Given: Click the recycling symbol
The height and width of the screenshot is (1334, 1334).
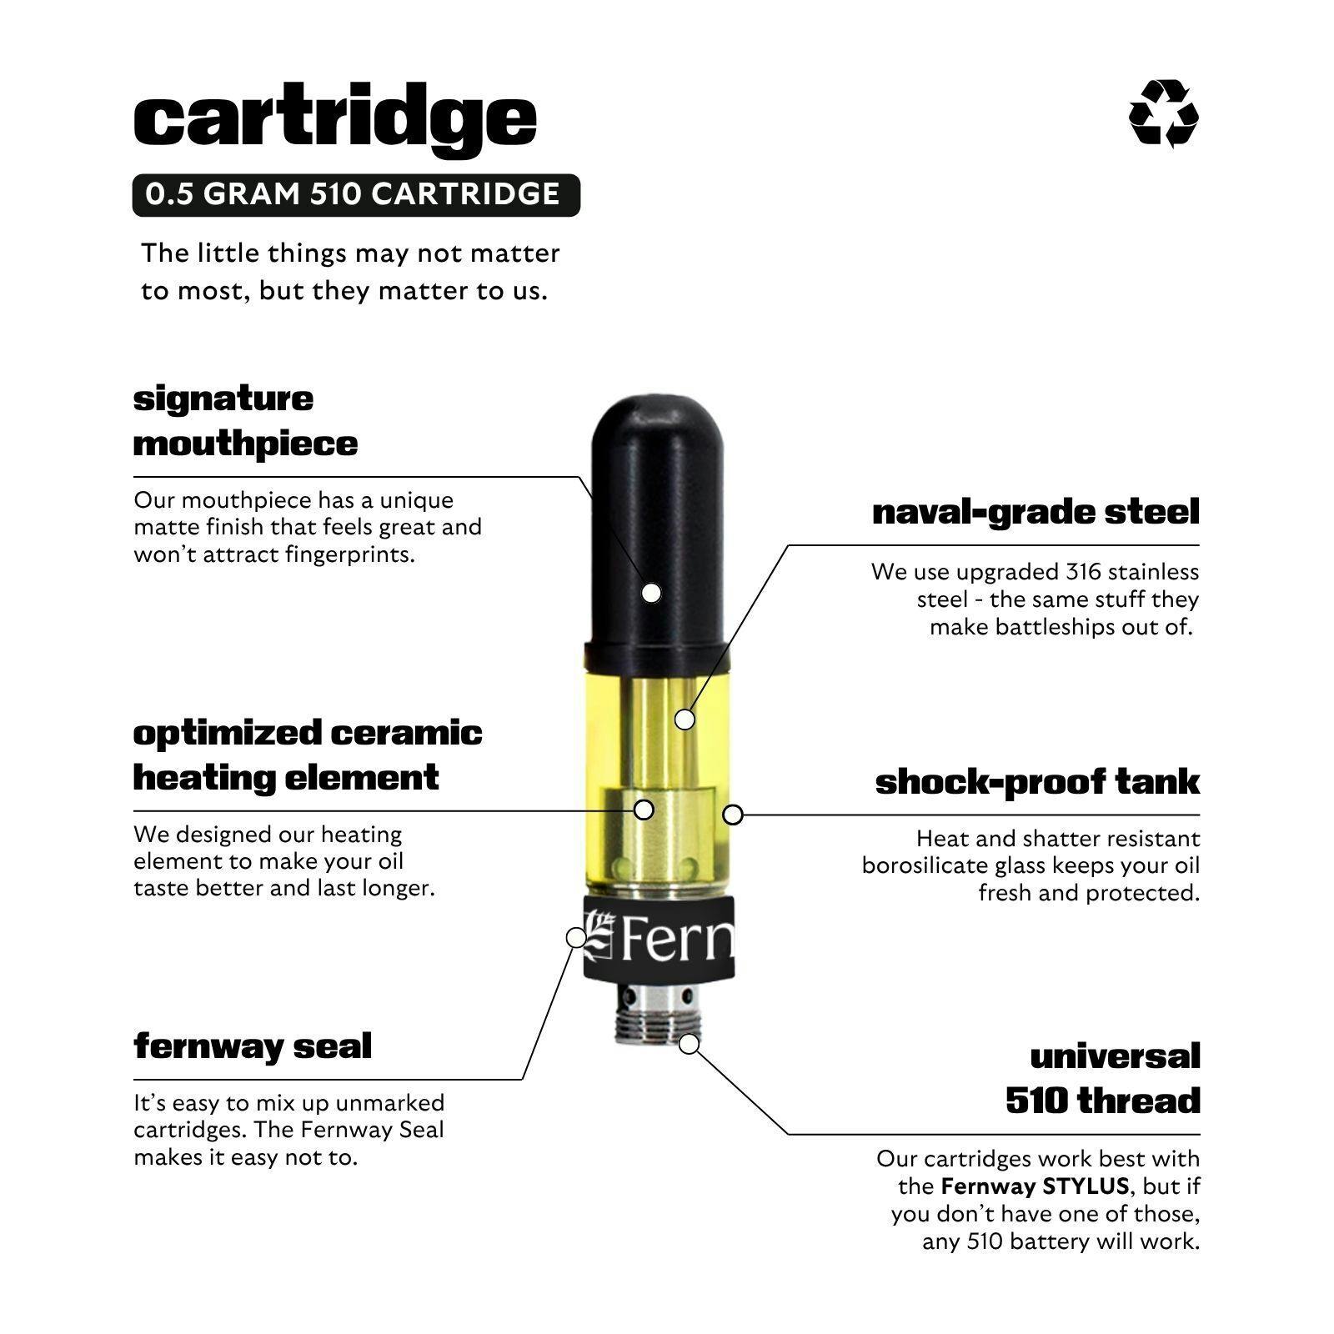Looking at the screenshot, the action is coord(1163,114).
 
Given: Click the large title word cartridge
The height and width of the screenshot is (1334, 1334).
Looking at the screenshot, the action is coord(334,118).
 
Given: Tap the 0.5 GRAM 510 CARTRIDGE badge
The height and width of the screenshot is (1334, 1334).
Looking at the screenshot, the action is coord(356,194).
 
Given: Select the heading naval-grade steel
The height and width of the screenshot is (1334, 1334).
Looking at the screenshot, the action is coord(1036,512).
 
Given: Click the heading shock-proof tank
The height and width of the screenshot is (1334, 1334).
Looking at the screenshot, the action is coord(1037,782).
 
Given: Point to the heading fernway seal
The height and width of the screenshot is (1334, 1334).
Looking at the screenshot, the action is coord(253,1046).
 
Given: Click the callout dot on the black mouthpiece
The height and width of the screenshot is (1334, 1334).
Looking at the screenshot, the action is coord(651,593).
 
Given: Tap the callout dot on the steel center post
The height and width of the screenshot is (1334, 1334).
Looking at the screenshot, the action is coord(685,719).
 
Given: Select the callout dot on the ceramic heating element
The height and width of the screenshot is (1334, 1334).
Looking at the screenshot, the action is coord(644,809).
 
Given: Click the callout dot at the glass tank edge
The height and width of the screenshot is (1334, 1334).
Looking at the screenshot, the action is coord(733,815).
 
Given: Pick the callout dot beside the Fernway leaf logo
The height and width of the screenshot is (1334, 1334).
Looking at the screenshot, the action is coord(576,938).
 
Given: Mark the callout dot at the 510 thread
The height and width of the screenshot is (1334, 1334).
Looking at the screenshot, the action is coord(689,1043).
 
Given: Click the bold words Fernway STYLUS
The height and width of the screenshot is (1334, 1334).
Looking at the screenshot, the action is coord(1035,1186).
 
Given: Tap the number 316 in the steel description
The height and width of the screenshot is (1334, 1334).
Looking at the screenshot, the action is coord(1084,572).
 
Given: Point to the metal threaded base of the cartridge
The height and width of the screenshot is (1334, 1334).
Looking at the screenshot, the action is coord(658,1013).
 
